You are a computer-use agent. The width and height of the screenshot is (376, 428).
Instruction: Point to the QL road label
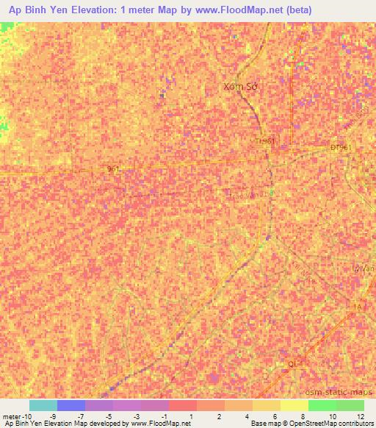point(292,363)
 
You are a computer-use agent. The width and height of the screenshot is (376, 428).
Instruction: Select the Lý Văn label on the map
point(364,268)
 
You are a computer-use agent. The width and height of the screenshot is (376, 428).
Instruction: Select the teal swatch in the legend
point(43,405)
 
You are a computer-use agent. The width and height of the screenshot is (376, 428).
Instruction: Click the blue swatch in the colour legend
point(71,405)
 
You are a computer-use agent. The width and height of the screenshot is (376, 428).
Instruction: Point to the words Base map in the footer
point(263,424)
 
